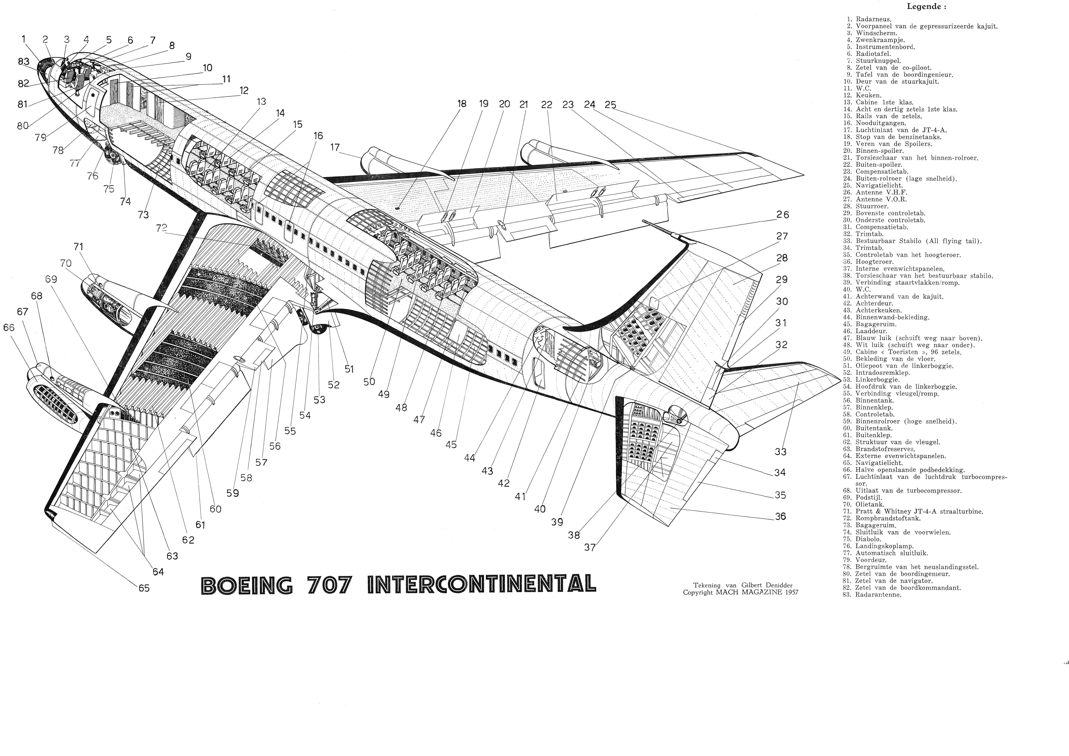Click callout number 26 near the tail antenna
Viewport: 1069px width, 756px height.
(783, 215)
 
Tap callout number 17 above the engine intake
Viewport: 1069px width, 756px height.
(335, 148)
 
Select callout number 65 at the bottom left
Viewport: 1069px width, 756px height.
(144, 588)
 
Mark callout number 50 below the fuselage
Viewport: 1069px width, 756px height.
(369, 382)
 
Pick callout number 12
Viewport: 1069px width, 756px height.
(244, 91)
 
